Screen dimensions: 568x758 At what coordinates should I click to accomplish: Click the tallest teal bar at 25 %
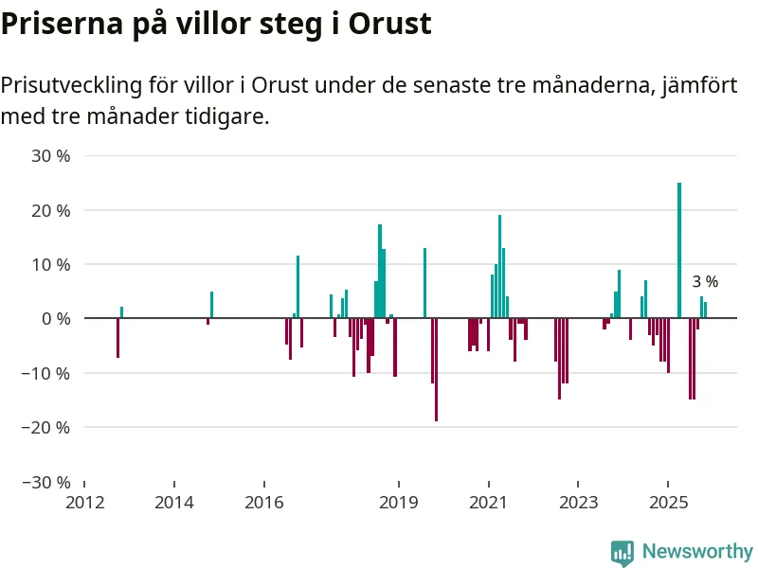pos(679,250)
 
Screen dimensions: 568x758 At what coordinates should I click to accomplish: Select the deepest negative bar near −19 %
pos(436,369)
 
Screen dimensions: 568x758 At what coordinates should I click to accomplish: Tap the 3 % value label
pos(705,281)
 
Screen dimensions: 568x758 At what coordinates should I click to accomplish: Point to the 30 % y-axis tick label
pos(51,155)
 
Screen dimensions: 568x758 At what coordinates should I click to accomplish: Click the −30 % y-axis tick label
pos(46,482)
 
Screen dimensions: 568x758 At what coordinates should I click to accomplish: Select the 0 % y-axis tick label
pos(55,319)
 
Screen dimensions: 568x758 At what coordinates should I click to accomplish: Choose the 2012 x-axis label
pos(84,503)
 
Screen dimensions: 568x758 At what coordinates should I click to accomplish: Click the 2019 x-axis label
pos(398,503)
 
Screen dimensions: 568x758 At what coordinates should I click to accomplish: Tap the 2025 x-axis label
pos(667,503)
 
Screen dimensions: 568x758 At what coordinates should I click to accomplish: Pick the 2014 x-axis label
pos(173,503)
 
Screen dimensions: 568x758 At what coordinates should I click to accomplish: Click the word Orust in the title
pos(390,25)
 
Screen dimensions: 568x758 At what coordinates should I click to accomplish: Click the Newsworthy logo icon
pos(623,552)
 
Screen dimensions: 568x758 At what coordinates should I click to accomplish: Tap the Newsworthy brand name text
pos(696,551)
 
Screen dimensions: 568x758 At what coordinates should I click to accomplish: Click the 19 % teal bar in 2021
pos(499,266)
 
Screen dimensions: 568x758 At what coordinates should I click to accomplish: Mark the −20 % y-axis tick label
pos(46,427)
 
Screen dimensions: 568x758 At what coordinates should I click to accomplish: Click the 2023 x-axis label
pos(578,503)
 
